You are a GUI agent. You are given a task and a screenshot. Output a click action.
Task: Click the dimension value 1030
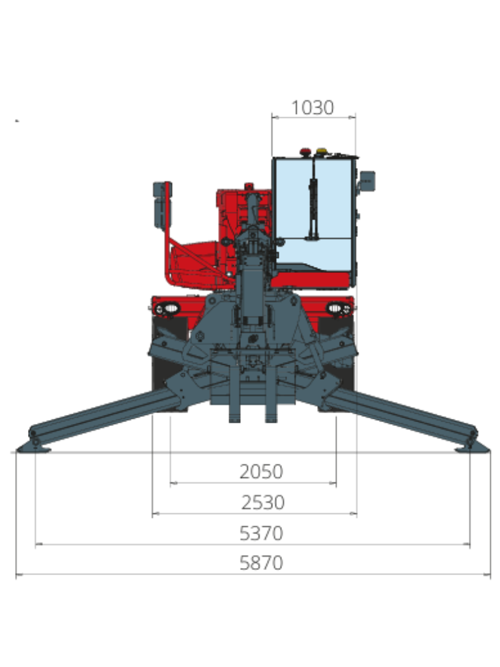[312, 107]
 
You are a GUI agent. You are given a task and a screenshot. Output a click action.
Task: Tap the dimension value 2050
[261, 472]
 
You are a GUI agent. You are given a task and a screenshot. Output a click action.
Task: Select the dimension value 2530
[263, 502]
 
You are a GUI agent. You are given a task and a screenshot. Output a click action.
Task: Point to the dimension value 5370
[261, 533]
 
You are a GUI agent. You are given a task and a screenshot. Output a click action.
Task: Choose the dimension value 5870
[261, 563]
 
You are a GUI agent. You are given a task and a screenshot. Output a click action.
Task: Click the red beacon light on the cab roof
[305, 152]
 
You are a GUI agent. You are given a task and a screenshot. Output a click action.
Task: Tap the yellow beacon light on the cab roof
[322, 151]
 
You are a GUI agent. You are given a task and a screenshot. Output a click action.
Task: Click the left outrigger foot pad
[33, 448]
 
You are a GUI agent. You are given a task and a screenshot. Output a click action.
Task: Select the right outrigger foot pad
[473, 448]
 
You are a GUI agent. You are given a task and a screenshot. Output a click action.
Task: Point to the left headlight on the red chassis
[170, 308]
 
